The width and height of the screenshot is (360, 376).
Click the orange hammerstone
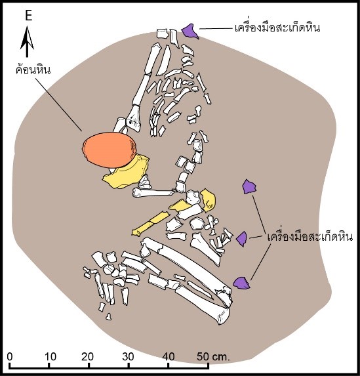[x=109, y=150]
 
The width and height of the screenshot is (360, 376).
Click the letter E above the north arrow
[x=28, y=16]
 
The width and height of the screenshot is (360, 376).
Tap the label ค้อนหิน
[x=33, y=70]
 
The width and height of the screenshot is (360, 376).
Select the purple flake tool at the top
[x=190, y=31]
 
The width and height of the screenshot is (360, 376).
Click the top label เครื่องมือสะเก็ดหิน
[x=277, y=27]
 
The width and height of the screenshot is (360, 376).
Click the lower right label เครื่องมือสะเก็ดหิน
[x=310, y=237]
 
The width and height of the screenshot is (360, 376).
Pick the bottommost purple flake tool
[x=241, y=283]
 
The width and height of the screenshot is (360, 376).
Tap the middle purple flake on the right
[x=241, y=239]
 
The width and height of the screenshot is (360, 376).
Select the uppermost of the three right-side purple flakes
[x=249, y=186]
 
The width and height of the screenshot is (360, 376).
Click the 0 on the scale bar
[x=10, y=357]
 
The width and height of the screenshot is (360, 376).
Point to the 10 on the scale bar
[x=50, y=357]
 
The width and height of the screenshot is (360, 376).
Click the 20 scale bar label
[x=87, y=357]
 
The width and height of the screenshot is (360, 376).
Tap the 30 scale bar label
[x=128, y=357]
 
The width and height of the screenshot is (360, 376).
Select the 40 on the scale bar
[x=169, y=357]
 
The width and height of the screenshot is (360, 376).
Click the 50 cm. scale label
[x=213, y=357]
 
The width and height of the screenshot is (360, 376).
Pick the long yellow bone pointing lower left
[x=151, y=224]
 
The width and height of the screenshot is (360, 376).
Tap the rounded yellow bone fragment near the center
[x=208, y=200]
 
